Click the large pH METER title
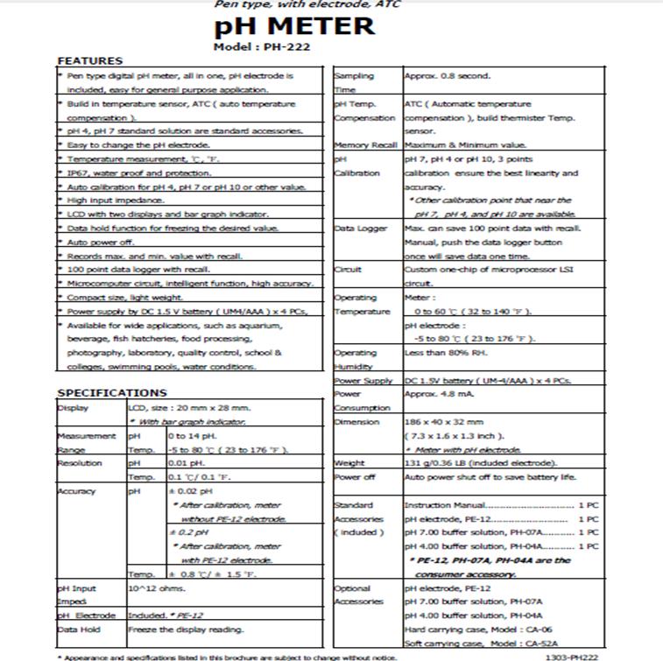pos(294,26)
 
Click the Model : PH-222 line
pos(262,46)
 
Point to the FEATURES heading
pos(89,60)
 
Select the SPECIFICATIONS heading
pos(111,393)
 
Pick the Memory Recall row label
pos(366,145)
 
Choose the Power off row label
pos(355,477)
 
